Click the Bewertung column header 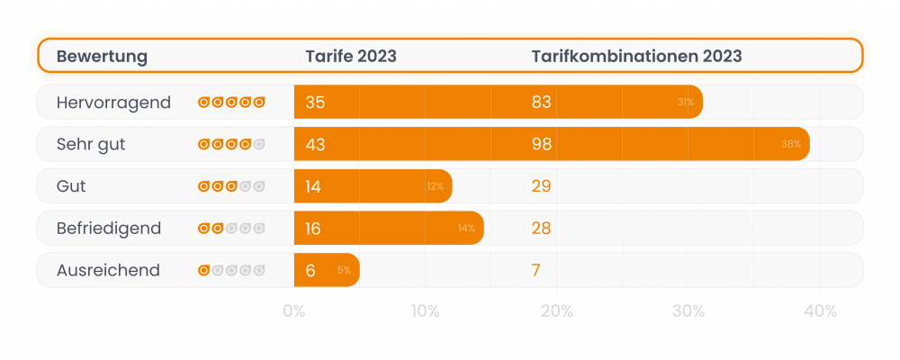(102, 57)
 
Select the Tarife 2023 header (351, 57)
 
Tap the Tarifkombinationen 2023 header (636, 57)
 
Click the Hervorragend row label (113, 103)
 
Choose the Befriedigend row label (109, 229)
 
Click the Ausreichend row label (108, 270)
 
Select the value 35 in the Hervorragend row (315, 103)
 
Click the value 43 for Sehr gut (315, 144)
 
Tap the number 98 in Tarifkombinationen (541, 144)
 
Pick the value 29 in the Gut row (541, 186)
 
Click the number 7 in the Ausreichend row (536, 270)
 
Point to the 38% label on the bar (791, 144)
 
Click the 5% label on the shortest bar (345, 270)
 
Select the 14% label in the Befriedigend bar (466, 229)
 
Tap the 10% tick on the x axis (425, 312)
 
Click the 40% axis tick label (820, 312)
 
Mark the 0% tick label (293, 312)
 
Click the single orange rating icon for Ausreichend (204, 270)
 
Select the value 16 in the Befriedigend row (313, 229)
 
